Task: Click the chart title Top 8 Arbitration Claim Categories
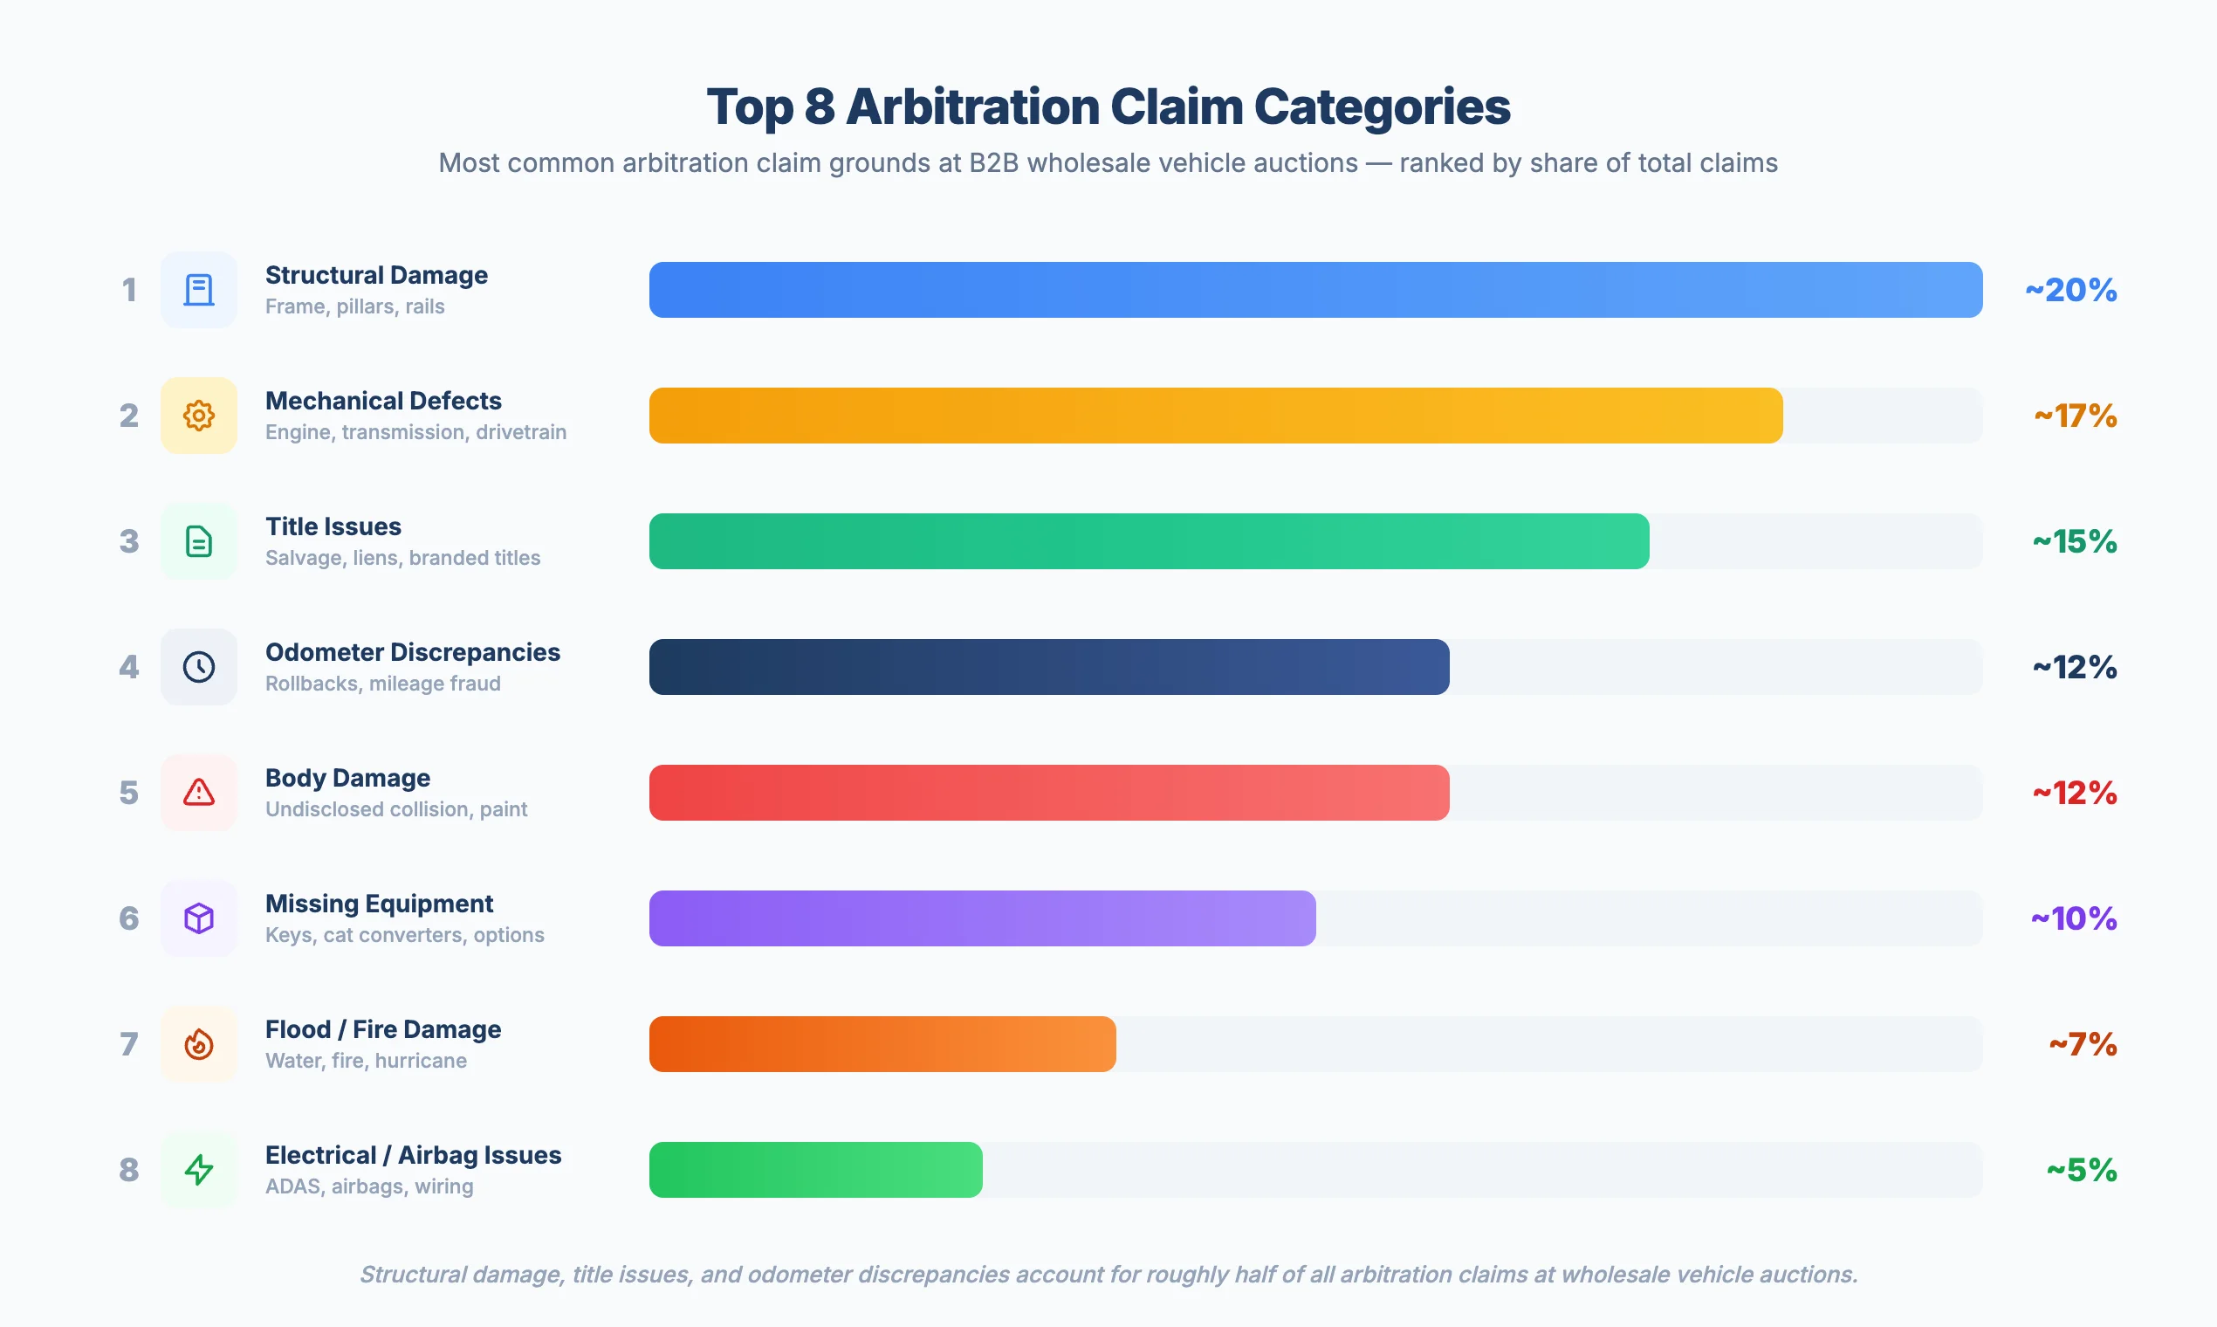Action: pyautogui.click(x=1108, y=107)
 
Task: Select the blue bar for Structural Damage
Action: pyautogui.click(x=1315, y=290)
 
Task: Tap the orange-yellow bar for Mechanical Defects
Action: pyautogui.click(x=1215, y=415)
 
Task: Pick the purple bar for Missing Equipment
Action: pyautogui.click(x=982, y=918)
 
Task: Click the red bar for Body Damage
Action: pyautogui.click(x=1048, y=792)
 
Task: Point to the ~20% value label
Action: pyautogui.click(x=2070, y=290)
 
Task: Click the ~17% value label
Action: pyautogui.click(x=2075, y=415)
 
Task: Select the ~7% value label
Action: pyautogui.click(x=2082, y=1043)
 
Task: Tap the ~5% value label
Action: pyautogui.click(x=2081, y=1170)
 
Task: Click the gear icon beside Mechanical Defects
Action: pyautogui.click(x=198, y=415)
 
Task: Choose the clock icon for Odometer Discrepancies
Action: pyautogui.click(x=198, y=667)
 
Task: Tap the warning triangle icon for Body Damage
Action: pyautogui.click(x=198, y=792)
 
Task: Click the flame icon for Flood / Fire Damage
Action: pyautogui.click(x=198, y=1043)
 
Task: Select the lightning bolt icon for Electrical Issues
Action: pyautogui.click(x=198, y=1170)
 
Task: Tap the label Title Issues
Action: pyautogui.click(x=333, y=526)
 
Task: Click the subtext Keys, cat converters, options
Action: pyautogui.click(x=404, y=934)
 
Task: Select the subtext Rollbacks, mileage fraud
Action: pyautogui.click(x=382, y=684)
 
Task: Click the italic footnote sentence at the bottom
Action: pyautogui.click(x=1108, y=1274)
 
